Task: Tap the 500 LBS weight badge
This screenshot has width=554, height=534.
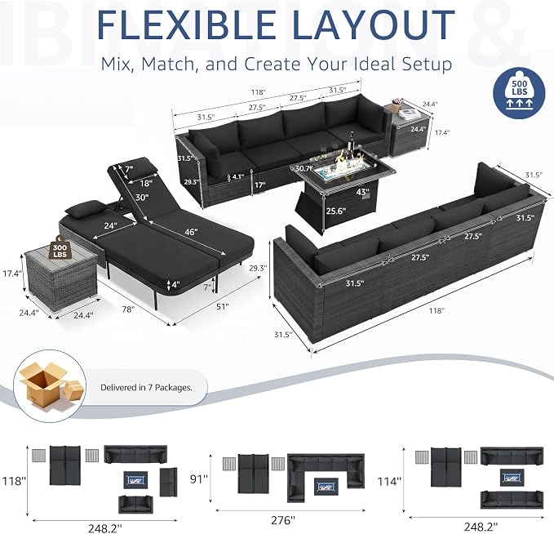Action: [x=519, y=93]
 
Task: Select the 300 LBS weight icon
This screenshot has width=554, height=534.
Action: [x=60, y=247]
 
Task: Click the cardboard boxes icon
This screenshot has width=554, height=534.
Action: [x=50, y=387]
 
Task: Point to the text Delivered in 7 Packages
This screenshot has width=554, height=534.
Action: [x=146, y=388]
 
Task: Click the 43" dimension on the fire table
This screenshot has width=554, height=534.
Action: [x=362, y=192]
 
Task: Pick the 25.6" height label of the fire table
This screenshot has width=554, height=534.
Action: [x=336, y=211]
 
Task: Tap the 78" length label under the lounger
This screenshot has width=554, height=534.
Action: [x=128, y=309]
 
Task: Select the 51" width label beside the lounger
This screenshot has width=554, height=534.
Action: [x=222, y=306]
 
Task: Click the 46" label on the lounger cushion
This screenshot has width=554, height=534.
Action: [x=191, y=232]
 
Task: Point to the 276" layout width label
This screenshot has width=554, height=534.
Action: [x=282, y=520]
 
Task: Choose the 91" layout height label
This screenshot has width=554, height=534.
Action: [x=198, y=478]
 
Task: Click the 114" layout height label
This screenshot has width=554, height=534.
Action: [x=389, y=481]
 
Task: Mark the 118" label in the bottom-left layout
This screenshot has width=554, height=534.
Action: [x=14, y=481]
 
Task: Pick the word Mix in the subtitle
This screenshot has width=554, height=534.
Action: [x=117, y=65]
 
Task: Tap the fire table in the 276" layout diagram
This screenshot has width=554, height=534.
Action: [x=326, y=485]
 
